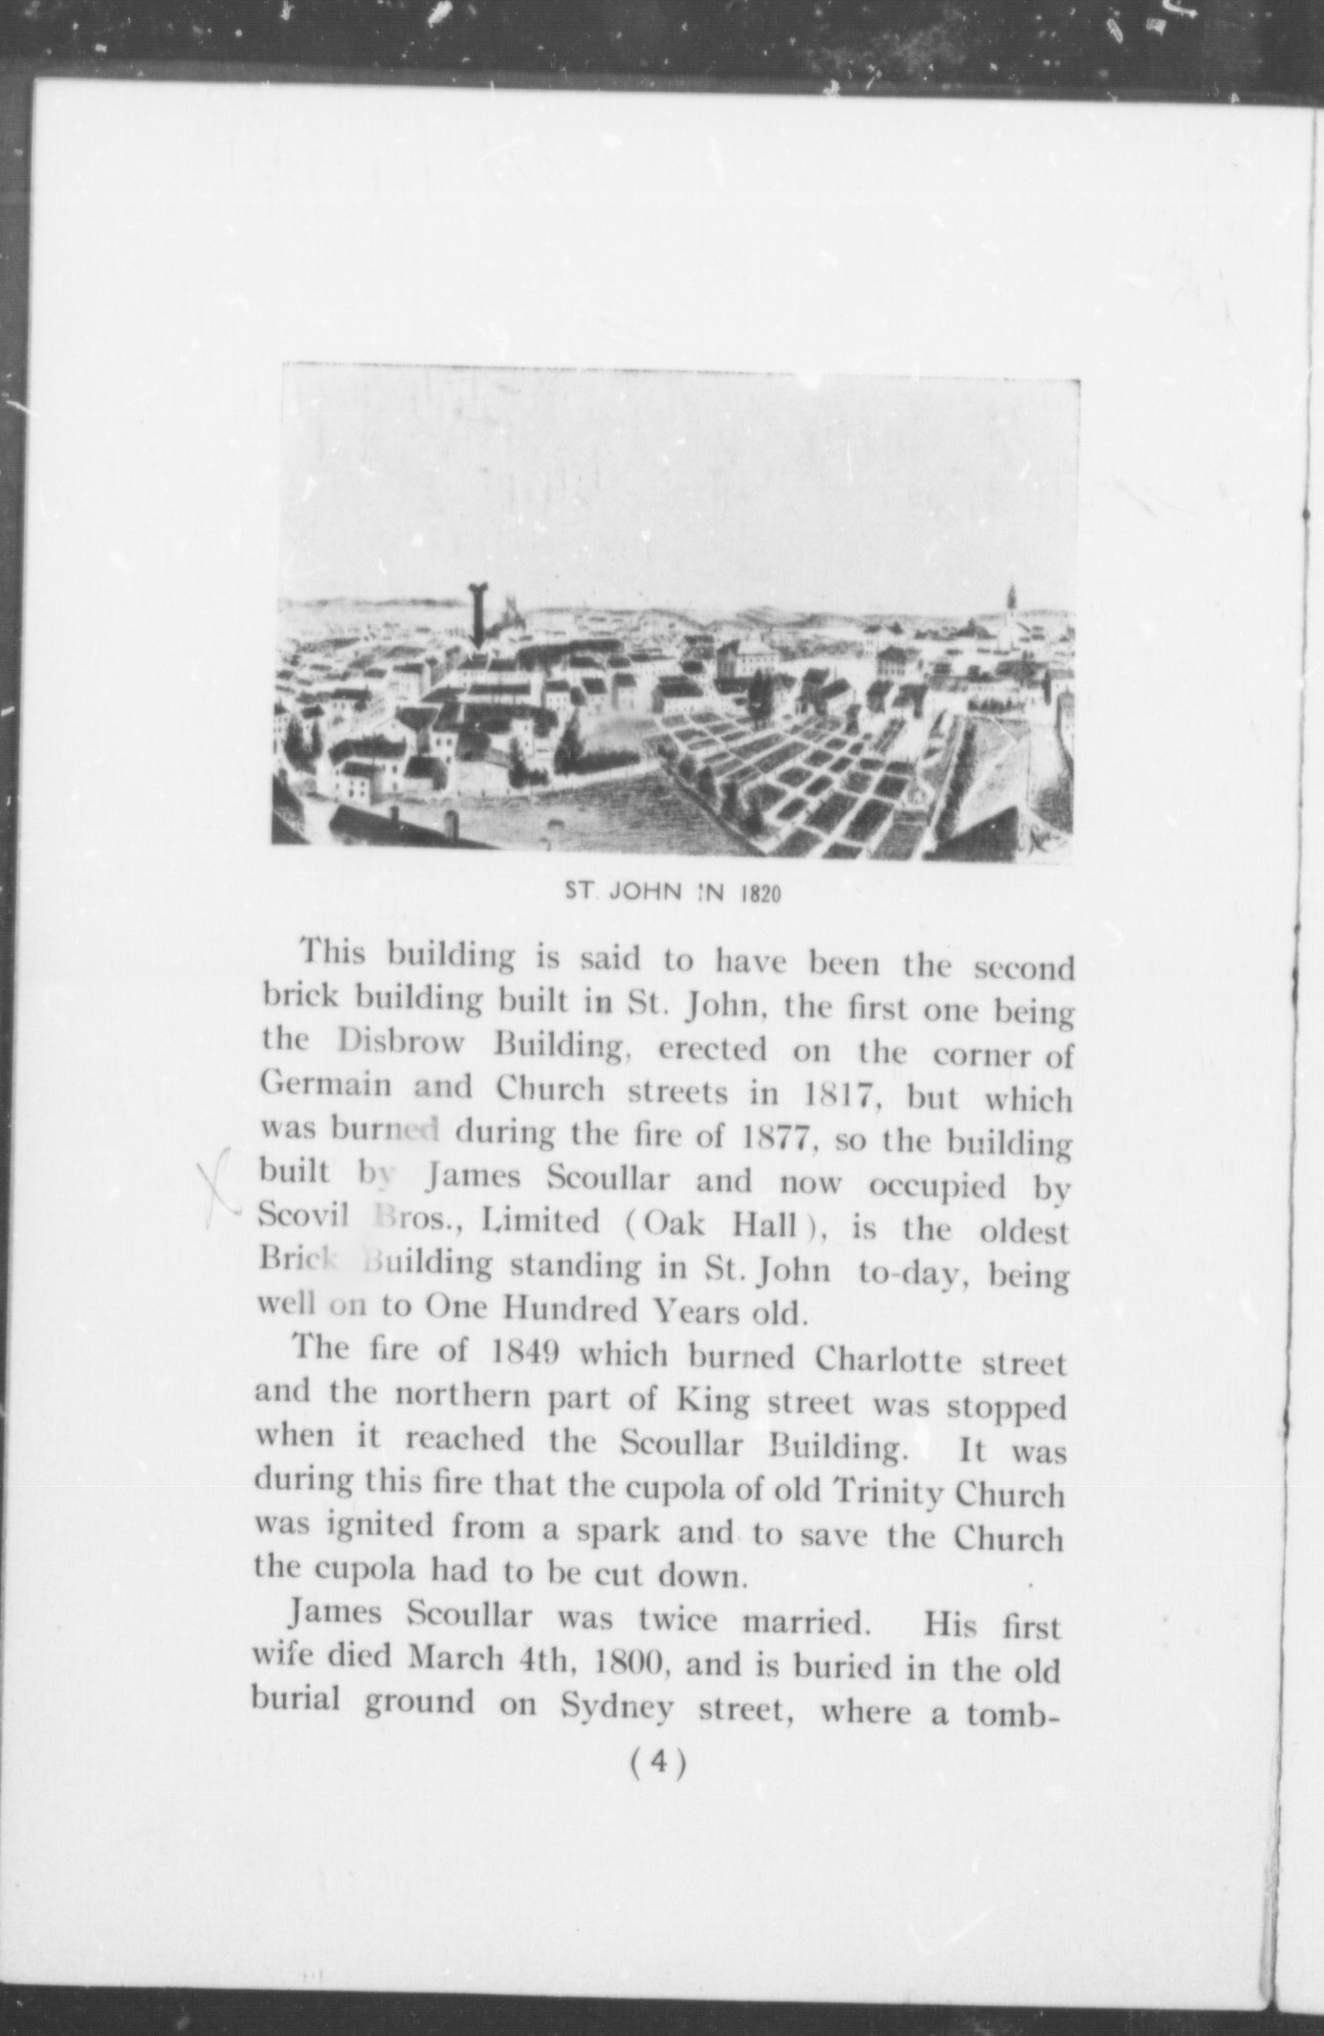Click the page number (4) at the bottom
(x=659, y=1763)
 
